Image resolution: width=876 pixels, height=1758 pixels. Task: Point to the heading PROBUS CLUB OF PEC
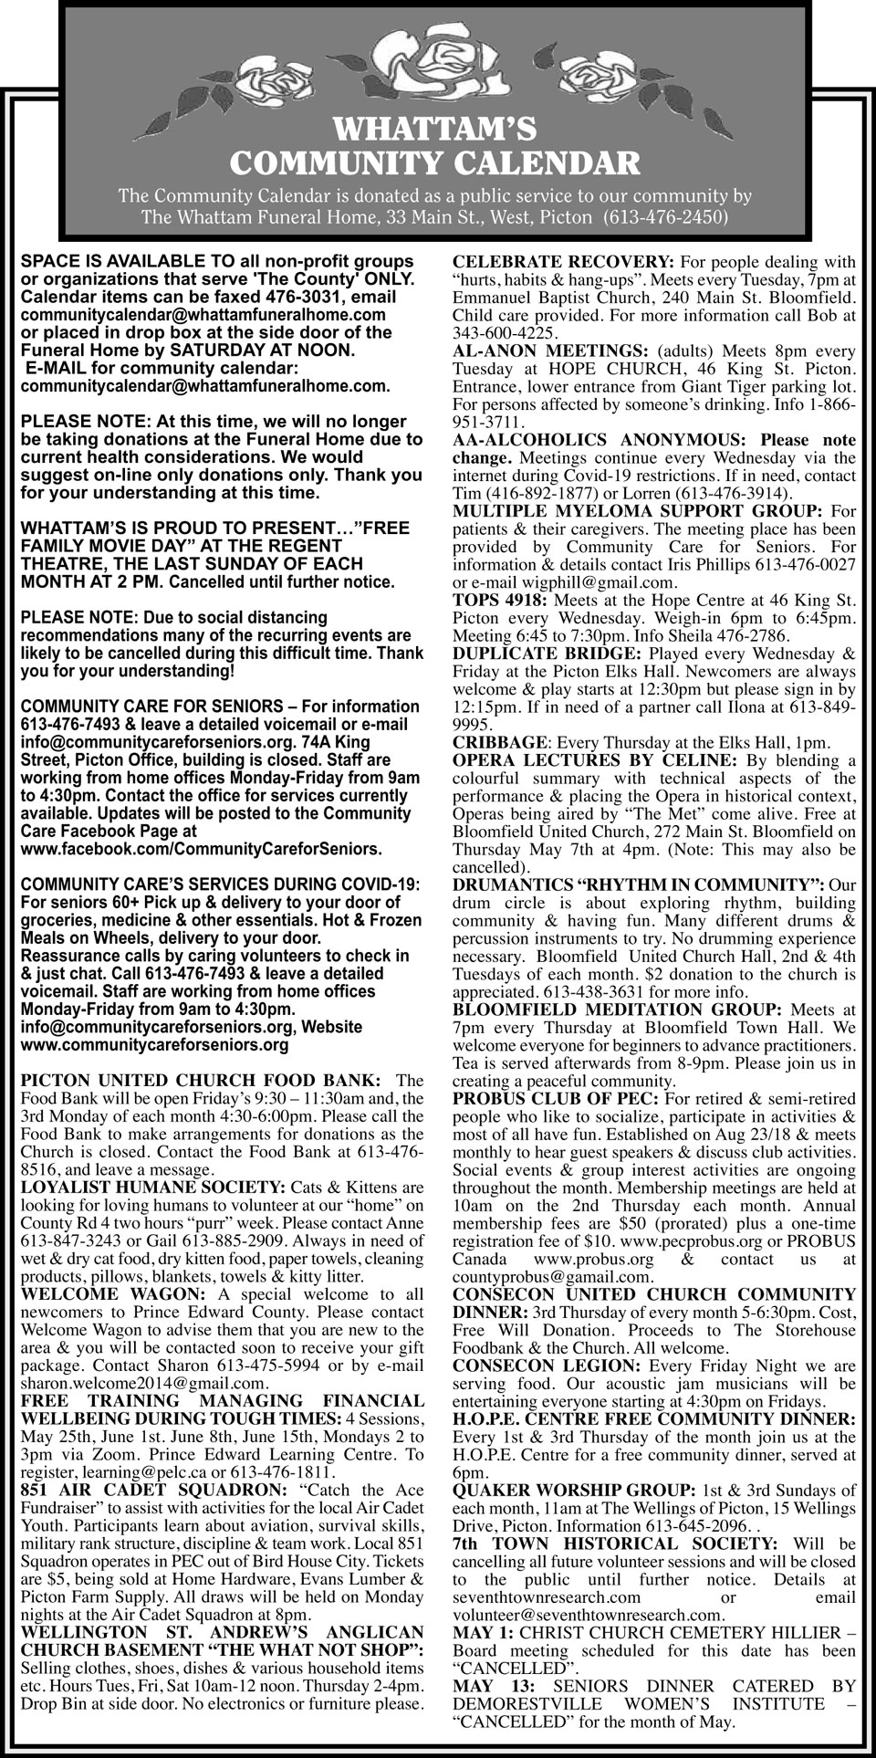tap(553, 1099)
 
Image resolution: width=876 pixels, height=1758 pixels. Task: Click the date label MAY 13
tap(485, 1686)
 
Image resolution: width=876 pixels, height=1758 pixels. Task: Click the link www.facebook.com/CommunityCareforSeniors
tap(201, 849)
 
